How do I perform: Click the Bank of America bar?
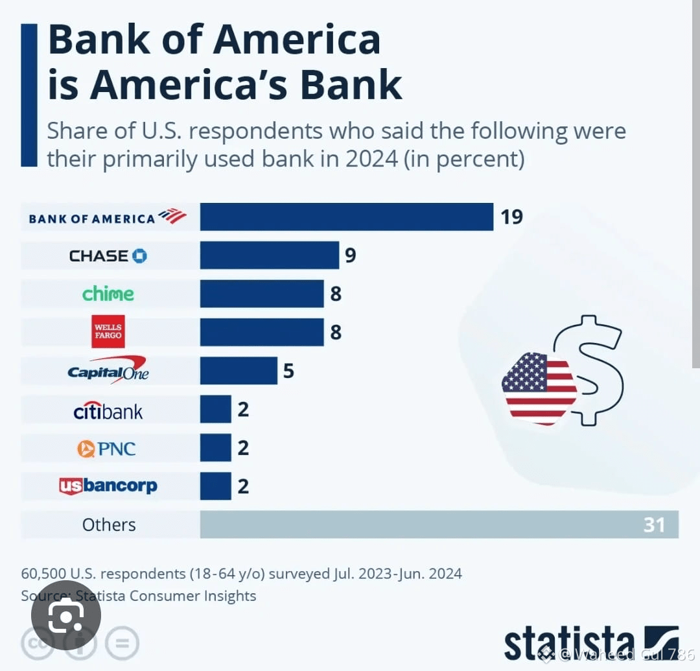[346, 217]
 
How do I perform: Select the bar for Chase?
[269, 255]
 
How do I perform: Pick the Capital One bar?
[238, 371]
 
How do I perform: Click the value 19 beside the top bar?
[511, 217]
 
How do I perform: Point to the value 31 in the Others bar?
[654, 524]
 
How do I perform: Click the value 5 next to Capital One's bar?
[288, 371]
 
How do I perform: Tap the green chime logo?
[108, 294]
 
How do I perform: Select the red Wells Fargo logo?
[108, 332]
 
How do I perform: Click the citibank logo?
[108, 410]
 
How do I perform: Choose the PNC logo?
[107, 449]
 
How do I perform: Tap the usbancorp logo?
[108, 486]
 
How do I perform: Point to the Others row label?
[109, 524]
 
